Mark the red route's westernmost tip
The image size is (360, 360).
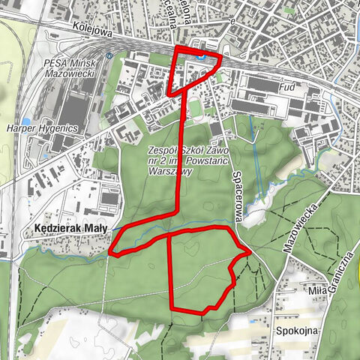(111, 250)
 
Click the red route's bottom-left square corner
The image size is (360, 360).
(173, 307)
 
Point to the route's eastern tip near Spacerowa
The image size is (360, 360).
(249, 253)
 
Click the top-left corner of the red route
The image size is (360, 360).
(176, 48)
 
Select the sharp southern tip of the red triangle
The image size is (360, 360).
(170, 94)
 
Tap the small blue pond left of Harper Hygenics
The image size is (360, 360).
(27, 120)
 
